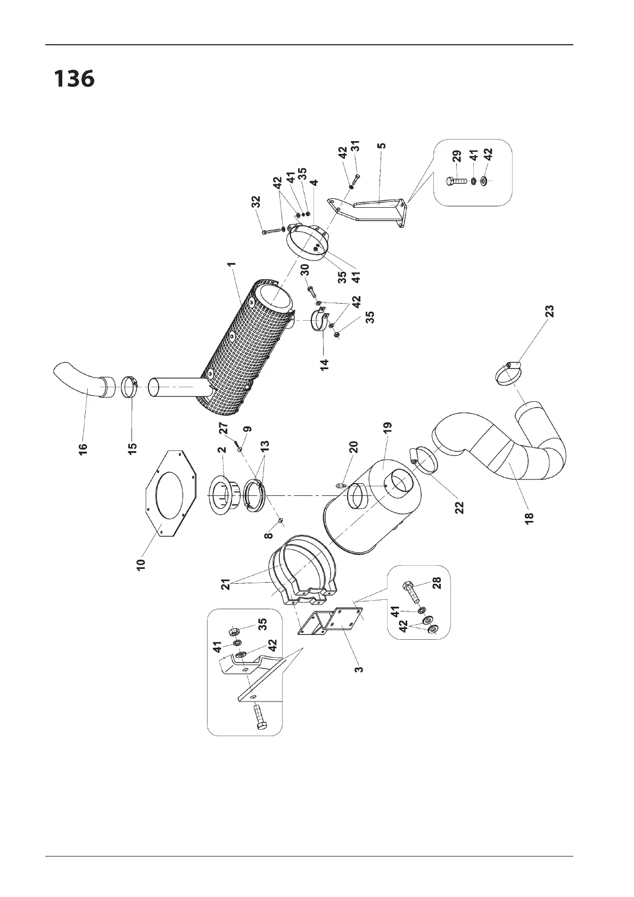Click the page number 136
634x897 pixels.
[74, 79]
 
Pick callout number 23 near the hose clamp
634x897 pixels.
[549, 312]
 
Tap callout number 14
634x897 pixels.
[325, 364]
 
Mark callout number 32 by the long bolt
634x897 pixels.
[257, 202]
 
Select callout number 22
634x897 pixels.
[460, 507]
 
